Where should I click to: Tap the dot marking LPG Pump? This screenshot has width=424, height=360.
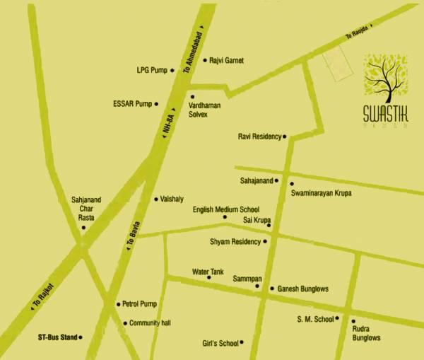click(x=173, y=71)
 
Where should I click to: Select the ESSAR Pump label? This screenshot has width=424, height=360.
click(x=133, y=103)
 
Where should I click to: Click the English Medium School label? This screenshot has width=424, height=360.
click(x=226, y=210)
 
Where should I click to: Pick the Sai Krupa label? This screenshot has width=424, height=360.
click(x=257, y=221)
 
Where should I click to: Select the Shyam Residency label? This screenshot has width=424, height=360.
click(x=235, y=242)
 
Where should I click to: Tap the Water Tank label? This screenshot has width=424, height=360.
click(x=208, y=271)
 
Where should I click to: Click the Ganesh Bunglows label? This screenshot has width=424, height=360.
click(x=304, y=289)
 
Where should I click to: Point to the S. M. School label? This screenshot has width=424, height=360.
click(x=315, y=320)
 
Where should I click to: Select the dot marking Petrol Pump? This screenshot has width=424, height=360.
click(x=118, y=304)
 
